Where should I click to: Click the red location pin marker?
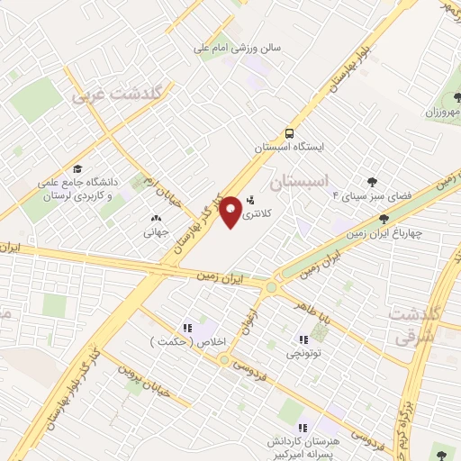[x=230, y=211]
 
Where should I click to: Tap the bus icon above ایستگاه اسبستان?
[x=288, y=131]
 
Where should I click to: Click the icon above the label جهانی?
[x=156, y=217]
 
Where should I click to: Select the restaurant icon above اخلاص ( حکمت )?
[x=188, y=328]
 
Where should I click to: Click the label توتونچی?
[x=303, y=355]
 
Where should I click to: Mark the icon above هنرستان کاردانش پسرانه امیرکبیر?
[x=303, y=428]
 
